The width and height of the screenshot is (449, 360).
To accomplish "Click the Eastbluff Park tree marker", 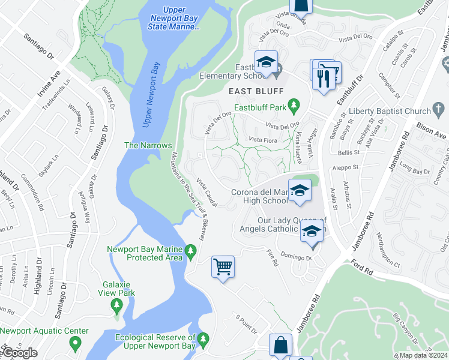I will tap(294, 107).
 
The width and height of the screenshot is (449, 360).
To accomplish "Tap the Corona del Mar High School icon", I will tap(298, 191).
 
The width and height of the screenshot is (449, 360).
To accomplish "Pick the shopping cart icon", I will tap(223, 266).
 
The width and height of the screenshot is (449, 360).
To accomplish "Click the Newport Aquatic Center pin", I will tap(75, 344).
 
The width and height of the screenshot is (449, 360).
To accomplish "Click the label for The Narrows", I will tap(148, 145).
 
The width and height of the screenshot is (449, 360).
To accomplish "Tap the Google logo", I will tap(19, 353).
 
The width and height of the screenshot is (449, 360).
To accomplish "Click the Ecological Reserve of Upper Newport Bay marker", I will tap(203, 340).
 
